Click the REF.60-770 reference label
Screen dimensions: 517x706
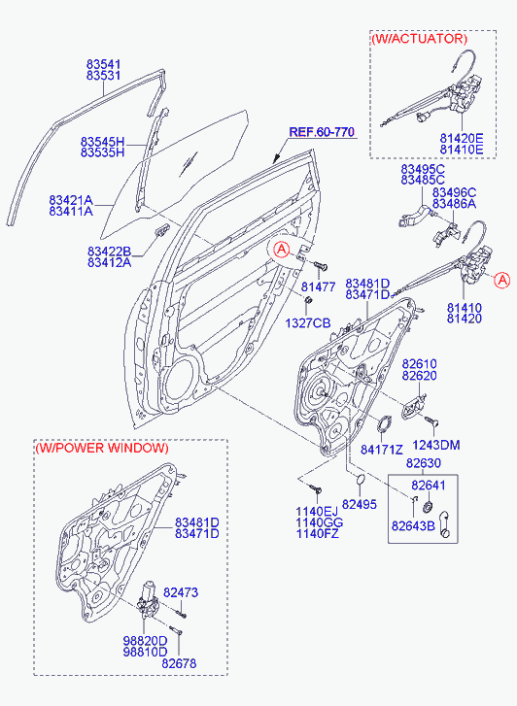pyautogui.click(x=322, y=132)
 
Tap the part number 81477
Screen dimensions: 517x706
pyautogui.click(x=318, y=286)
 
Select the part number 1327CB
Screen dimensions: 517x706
pyautogui.click(x=308, y=322)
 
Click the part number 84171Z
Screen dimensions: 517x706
pyautogui.click(x=381, y=449)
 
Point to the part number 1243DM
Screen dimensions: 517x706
pyautogui.click(x=436, y=445)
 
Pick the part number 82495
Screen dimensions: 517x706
pyautogui.click(x=360, y=504)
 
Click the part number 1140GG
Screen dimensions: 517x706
pyautogui.click(x=319, y=522)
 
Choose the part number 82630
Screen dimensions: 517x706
pyautogui.click(x=424, y=463)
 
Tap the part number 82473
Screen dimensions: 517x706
pyautogui.click(x=181, y=592)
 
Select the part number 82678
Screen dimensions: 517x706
pyautogui.click(x=179, y=663)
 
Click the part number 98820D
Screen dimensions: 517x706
pyautogui.click(x=145, y=641)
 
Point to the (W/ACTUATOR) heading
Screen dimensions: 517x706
pyautogui.click(x=419, y=39)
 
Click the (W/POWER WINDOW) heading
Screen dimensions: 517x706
pyautogui.click(x=102, y=448)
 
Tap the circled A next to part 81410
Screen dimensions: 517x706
pyautogui.click(x=501, y=280)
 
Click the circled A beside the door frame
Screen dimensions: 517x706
pyautogui.click(x=282, y=249)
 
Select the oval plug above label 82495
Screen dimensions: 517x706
pyautogui.click(x=362, y=480)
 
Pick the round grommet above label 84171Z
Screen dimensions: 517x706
pyautogui.click(x=385, y=423)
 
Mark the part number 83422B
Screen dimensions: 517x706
pyautogui.click(x=109, y=252)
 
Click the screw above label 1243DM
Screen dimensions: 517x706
pyautogui.click(x=432, y=420)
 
